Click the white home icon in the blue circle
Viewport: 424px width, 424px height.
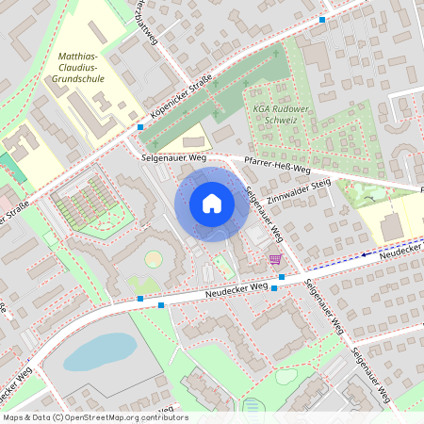pyautogui.click(x=212, y=203)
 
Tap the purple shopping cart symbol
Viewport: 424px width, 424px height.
pyautogui.click(x=275, y=259)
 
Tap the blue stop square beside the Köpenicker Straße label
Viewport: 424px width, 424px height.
pyautogui.click(x=140, y=126)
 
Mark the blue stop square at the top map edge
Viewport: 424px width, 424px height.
pyautogui.click(x=322, y=19)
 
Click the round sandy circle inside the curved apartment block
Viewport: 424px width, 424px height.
pyautogui.click(x=153, y=258)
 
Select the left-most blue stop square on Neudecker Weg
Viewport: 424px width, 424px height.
pyautogui.click(x=139, y=299)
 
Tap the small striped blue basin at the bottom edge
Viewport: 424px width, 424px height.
pyautogui.click(x=253, y=407)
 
